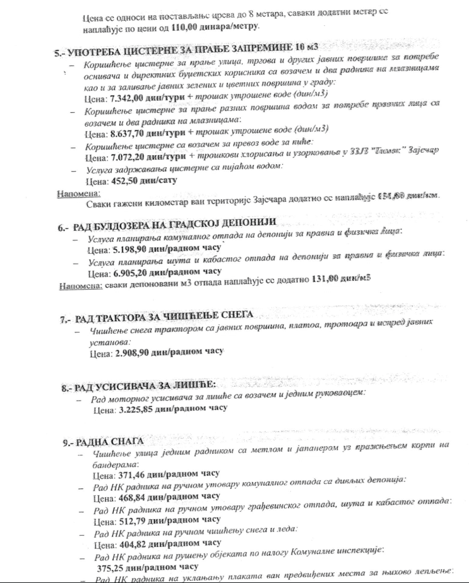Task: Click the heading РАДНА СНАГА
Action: point(112,442)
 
